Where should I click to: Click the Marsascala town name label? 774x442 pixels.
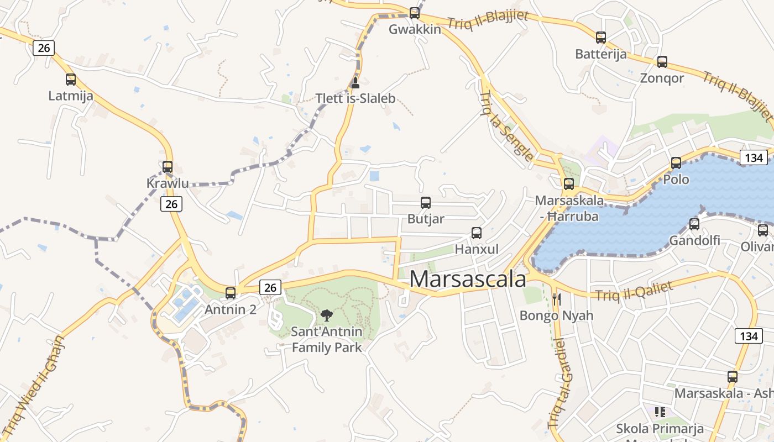pos(468,279)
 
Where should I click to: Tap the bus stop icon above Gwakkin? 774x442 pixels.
pos(415,13)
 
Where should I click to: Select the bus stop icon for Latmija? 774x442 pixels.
pos(71,80)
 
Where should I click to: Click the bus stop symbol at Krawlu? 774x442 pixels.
pos(168,166)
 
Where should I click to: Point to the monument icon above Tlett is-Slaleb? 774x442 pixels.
pos(355,83)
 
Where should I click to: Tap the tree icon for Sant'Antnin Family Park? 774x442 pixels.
pos(327,315)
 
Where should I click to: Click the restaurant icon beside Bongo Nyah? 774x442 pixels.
pos(557,299)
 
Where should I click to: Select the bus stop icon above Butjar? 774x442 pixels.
pos(426,203)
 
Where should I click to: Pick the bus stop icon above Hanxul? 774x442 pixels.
pos(477,233)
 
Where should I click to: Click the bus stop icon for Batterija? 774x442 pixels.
pos(601,38)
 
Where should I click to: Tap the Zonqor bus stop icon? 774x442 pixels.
pos(662,62)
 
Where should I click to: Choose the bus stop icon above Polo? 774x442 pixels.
pos(676,163)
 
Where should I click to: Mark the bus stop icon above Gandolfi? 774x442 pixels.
pos(694,224)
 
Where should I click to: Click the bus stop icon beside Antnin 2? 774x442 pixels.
pos(231,293)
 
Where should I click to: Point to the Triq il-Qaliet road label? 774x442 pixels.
pos(634,291)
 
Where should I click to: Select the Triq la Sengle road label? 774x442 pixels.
pos(507,127)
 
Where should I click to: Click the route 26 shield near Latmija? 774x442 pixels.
pos(44,48)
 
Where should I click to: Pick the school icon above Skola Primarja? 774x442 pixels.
pos(660,412)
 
